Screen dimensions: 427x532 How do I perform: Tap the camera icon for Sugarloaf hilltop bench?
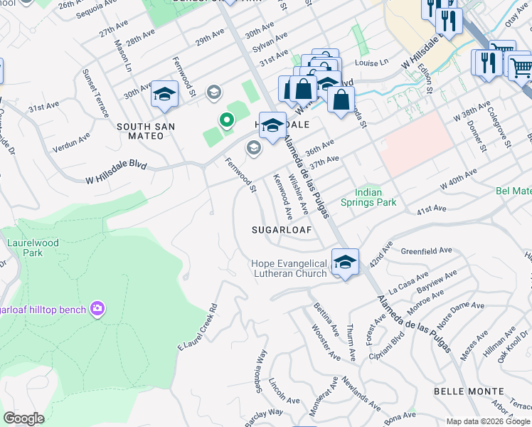click(x=97, y=309)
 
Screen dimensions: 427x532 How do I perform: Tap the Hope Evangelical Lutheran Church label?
click(x=289, y=268)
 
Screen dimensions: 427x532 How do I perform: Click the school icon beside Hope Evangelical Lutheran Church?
click(x=345, y=262)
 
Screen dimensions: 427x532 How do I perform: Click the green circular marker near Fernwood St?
click(x=227, y=121)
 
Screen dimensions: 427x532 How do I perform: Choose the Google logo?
click(x=23, y=418)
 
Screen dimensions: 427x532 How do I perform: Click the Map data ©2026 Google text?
click(x=488, y=421)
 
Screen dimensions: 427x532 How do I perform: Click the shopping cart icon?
click(x=521, y=68)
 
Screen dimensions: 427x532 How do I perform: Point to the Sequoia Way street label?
click(x=260, y=368)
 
